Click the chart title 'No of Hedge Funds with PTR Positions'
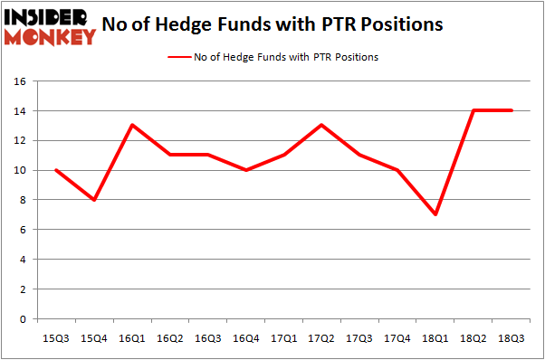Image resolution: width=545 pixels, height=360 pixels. (272, 24)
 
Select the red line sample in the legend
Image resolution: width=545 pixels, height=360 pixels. (178, 57)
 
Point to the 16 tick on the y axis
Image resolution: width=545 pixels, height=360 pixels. (24, 81)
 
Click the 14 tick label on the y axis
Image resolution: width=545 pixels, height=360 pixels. (24, 111)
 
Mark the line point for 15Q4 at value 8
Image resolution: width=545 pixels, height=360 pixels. (95, 200)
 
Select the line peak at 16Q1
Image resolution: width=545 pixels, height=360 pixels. (133, 126)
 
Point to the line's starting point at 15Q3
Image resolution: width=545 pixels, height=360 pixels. (57, 170)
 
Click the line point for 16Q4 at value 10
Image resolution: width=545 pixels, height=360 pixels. (246, 170)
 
